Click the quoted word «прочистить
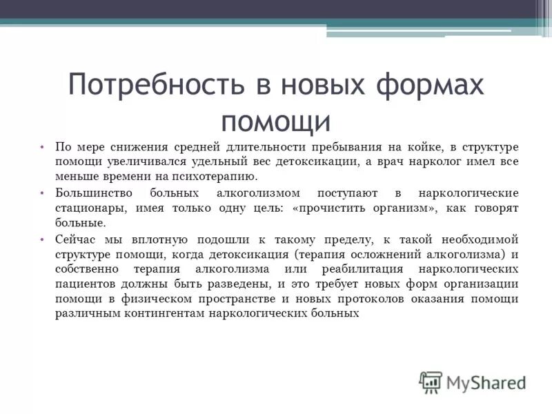click(330, 208)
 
